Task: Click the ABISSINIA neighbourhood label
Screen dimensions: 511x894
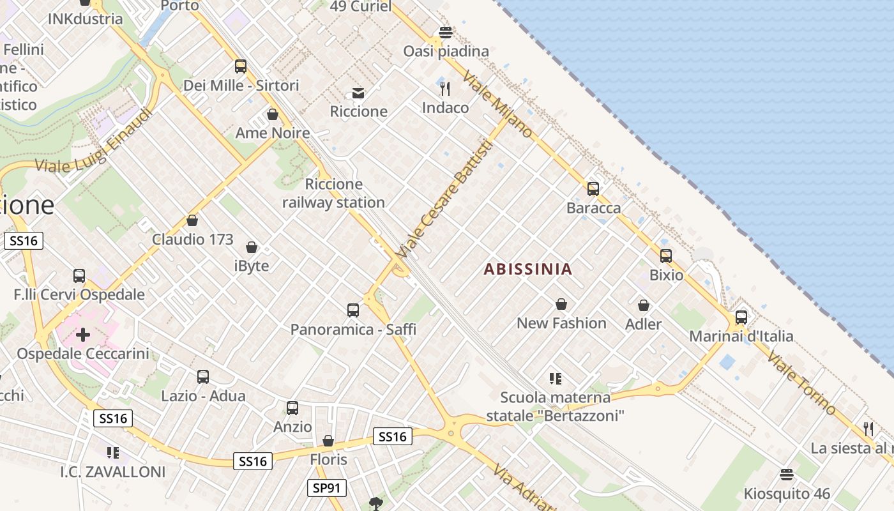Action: coord(527,269)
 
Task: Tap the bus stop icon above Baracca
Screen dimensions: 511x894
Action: coord(593,189)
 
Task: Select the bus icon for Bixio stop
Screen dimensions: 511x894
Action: coord(666,256)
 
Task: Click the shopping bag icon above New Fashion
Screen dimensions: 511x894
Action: coord(561,304)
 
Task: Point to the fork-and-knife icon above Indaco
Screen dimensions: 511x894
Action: coord(445,88)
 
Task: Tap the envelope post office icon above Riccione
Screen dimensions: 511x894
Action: coord(358,93)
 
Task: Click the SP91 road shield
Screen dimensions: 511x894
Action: coord(326,489)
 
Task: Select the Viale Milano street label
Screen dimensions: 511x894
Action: coord(497,104)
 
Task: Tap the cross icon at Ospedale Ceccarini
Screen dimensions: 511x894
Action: coord(83,334)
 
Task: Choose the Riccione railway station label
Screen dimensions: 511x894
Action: coord(333,194)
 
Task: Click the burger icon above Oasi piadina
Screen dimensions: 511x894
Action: coord(446,33)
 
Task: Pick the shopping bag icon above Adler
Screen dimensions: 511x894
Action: coord(644,305)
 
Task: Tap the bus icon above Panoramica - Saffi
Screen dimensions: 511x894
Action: coord(353,310)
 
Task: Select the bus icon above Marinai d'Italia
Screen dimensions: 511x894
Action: coord(741,317)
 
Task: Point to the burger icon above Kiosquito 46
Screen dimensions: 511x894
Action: coord(787,475)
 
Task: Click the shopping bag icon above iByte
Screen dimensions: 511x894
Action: coord(252,247)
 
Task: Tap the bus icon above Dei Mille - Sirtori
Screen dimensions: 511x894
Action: coord(241,66)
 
